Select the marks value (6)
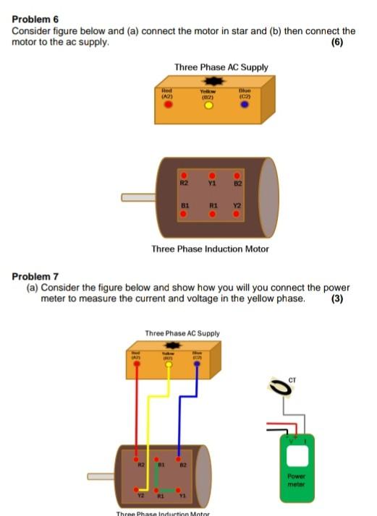[x=336, y=42]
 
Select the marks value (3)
[x=336, y=298]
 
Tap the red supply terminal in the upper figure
[x=169, y=104]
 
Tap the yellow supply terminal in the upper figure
[x=208, y=106]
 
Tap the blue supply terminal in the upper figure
[x=245, y=104]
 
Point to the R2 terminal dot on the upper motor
[x=185, y=176]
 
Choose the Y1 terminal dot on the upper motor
[x=211, y=176]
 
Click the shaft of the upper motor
[x=137, y=197]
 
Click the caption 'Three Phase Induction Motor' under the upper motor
[x=210, y=249]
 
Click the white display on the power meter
[x=299, y=455]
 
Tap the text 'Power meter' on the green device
[x=299, y=480]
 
